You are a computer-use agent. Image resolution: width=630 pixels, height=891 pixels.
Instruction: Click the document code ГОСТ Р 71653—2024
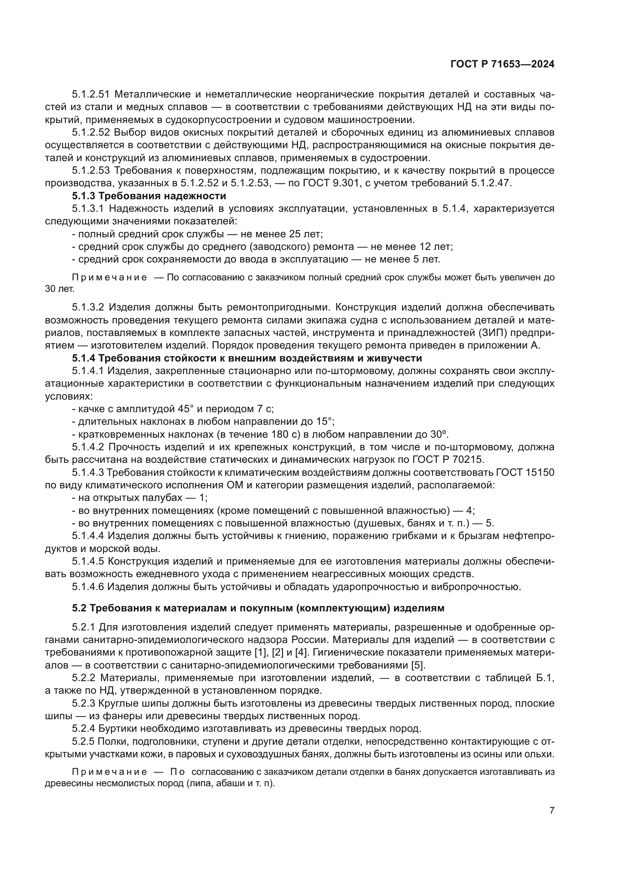[x=502, y=64]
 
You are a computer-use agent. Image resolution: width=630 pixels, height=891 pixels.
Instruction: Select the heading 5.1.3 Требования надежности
[x=149, y=195]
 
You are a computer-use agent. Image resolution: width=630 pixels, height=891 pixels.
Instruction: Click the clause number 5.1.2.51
[x=91, y=94]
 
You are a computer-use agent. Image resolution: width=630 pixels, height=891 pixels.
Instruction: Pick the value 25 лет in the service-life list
[x=306, y=234]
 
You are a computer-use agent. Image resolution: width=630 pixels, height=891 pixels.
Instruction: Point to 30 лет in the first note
[x=59, y=289]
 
